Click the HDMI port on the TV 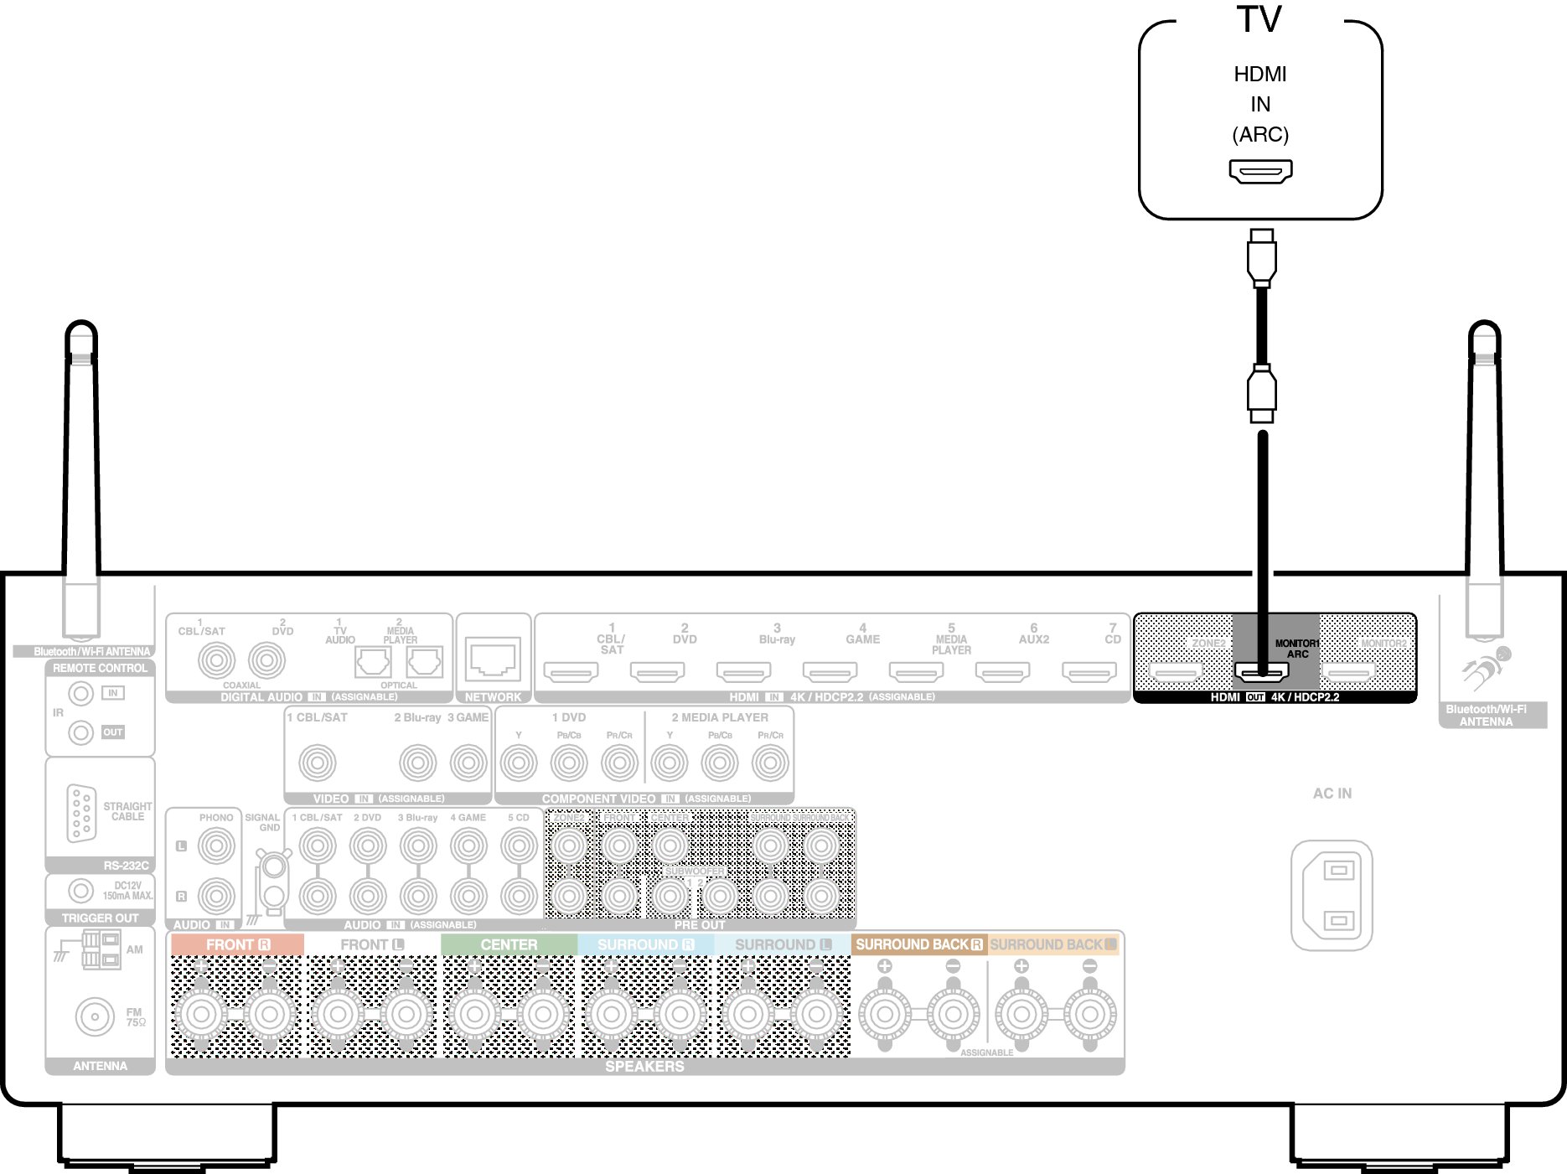[x=1260, y=171]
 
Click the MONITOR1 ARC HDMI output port [x=1261, y=671]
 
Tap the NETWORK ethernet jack [x=493, y=659]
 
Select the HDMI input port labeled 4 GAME [x=830, y=671]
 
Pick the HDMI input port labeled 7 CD [x=1089, y=671]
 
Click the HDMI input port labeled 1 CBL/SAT [x=571, y=671]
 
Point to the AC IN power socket [x=1332, y=895]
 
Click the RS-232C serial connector [x=81, y=812]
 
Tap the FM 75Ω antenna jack [x=95, y=1016]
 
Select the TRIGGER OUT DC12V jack [x=80, y=890]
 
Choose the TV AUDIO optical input [x=373, y=662]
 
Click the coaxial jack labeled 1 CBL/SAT [x=216, y=660]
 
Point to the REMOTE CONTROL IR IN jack [x=80, y=693]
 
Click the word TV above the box [x=1259, y=19]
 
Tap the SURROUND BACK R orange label [x=918, y=944]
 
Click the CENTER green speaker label [x=509, y=944]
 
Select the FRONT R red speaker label [x=237, y=944]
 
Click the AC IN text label [x=1332, y=793]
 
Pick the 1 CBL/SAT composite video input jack [x=318, y=763]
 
